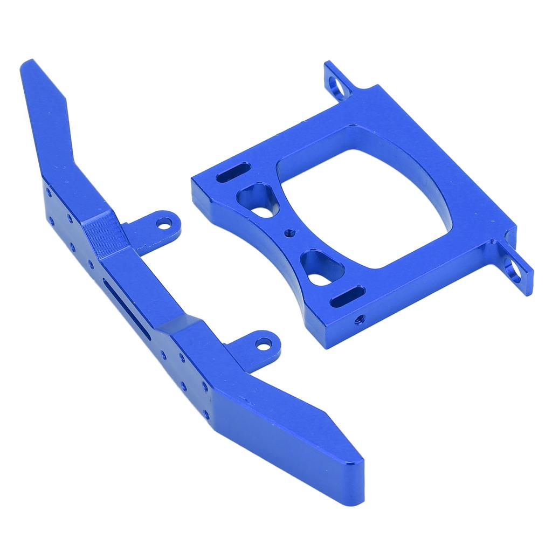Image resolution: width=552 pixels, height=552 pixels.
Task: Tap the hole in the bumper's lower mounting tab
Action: coord(263,342)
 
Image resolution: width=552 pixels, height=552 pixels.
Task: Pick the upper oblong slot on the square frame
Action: coord(232,175)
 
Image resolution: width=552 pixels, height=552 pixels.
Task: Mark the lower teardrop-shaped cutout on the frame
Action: coord(321,268)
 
